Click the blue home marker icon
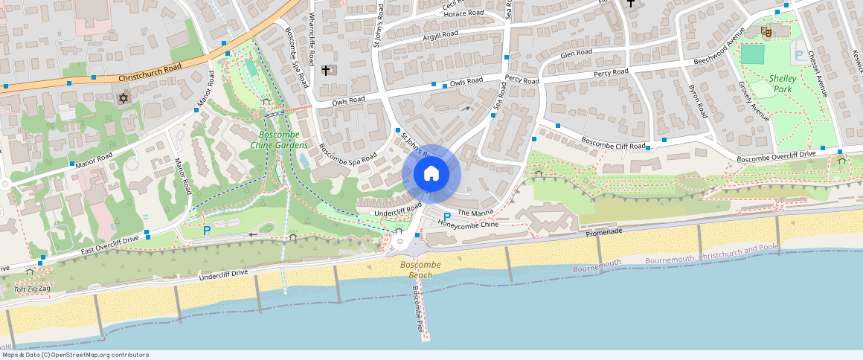[431, 174]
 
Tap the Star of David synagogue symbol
[123, 98]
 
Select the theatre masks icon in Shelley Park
[765, 31]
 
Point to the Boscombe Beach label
[420, 269]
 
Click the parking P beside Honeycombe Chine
[447, 216]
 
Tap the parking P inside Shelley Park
[799, 55]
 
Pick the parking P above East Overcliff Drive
[206, 231]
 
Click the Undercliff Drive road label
[223, 275]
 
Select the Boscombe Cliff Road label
[614, 142]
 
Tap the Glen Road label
[577, 53]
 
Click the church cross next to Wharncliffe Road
[325, 71]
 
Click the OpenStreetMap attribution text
[74, 355]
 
